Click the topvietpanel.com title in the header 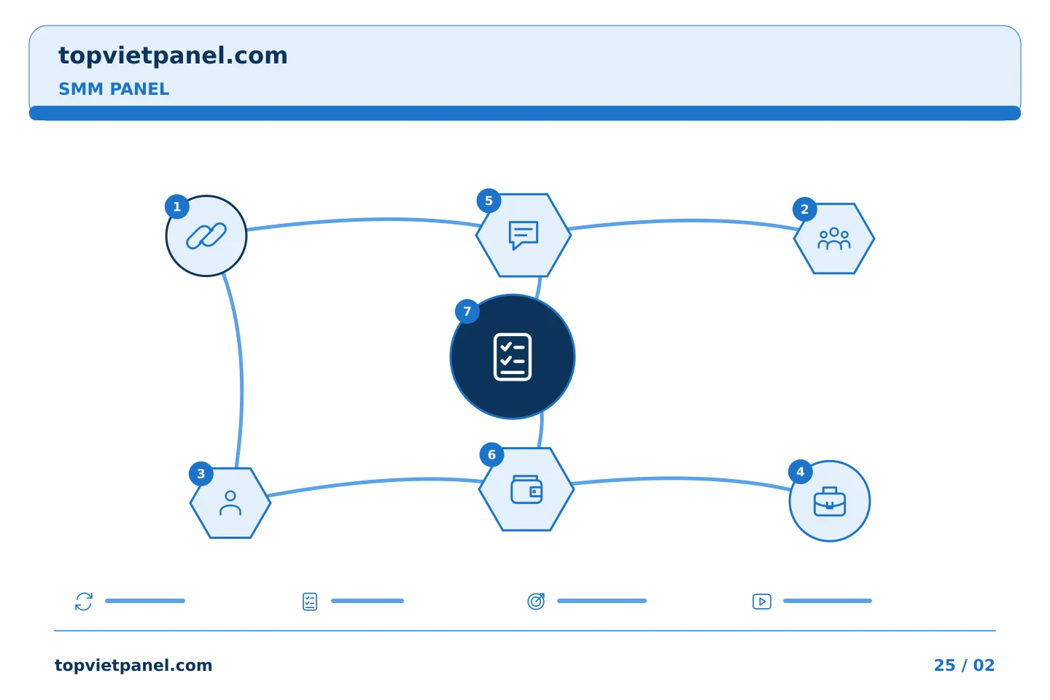(x=173, y=56)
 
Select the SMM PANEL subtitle (x=114, y=89)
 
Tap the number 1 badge (x=177, y=207)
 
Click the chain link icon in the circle (x=206, y=236)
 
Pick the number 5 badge (x=489, y=201)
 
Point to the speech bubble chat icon (x=524, y=236)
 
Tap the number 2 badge (x=805, y=209)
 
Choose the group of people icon (x=834, y=238)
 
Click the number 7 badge (x=467, y=311)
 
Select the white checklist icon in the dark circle (x=513, y=357)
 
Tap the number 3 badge (x=201, y=473)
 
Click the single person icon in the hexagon (x=230, y=503)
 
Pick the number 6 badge (x=491, y=454)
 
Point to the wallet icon (x=526, y=489)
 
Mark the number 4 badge (x=801, y=472)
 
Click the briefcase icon (x=830, y=502)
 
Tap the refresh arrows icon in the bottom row (x=84, y=602)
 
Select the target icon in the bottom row (x=536, y=601)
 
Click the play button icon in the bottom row (x=762, y=602)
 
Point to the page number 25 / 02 (x=964, y=665)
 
